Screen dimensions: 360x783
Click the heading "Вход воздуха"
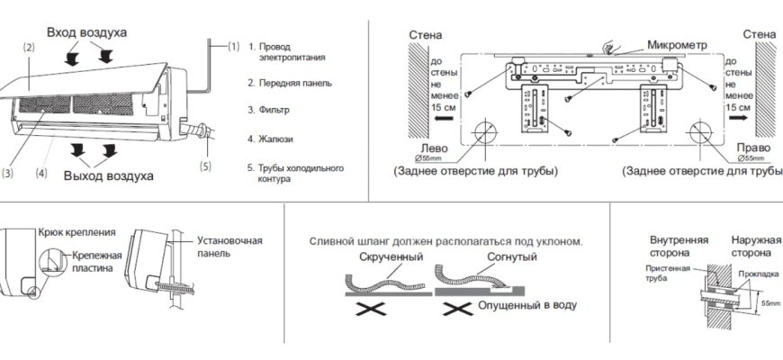(x=86, y=32)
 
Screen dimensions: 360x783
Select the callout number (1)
(x=233, y=46)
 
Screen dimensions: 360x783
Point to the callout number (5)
(x=205, y=166)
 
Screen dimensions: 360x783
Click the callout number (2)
(x=29, y=47)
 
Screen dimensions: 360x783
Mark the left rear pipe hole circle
(x=483, y=132)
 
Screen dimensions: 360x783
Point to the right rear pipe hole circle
(x=701, y=132)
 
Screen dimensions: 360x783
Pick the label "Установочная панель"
(x=229, y=247)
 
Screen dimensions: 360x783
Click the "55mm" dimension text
(x=770, y=304)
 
